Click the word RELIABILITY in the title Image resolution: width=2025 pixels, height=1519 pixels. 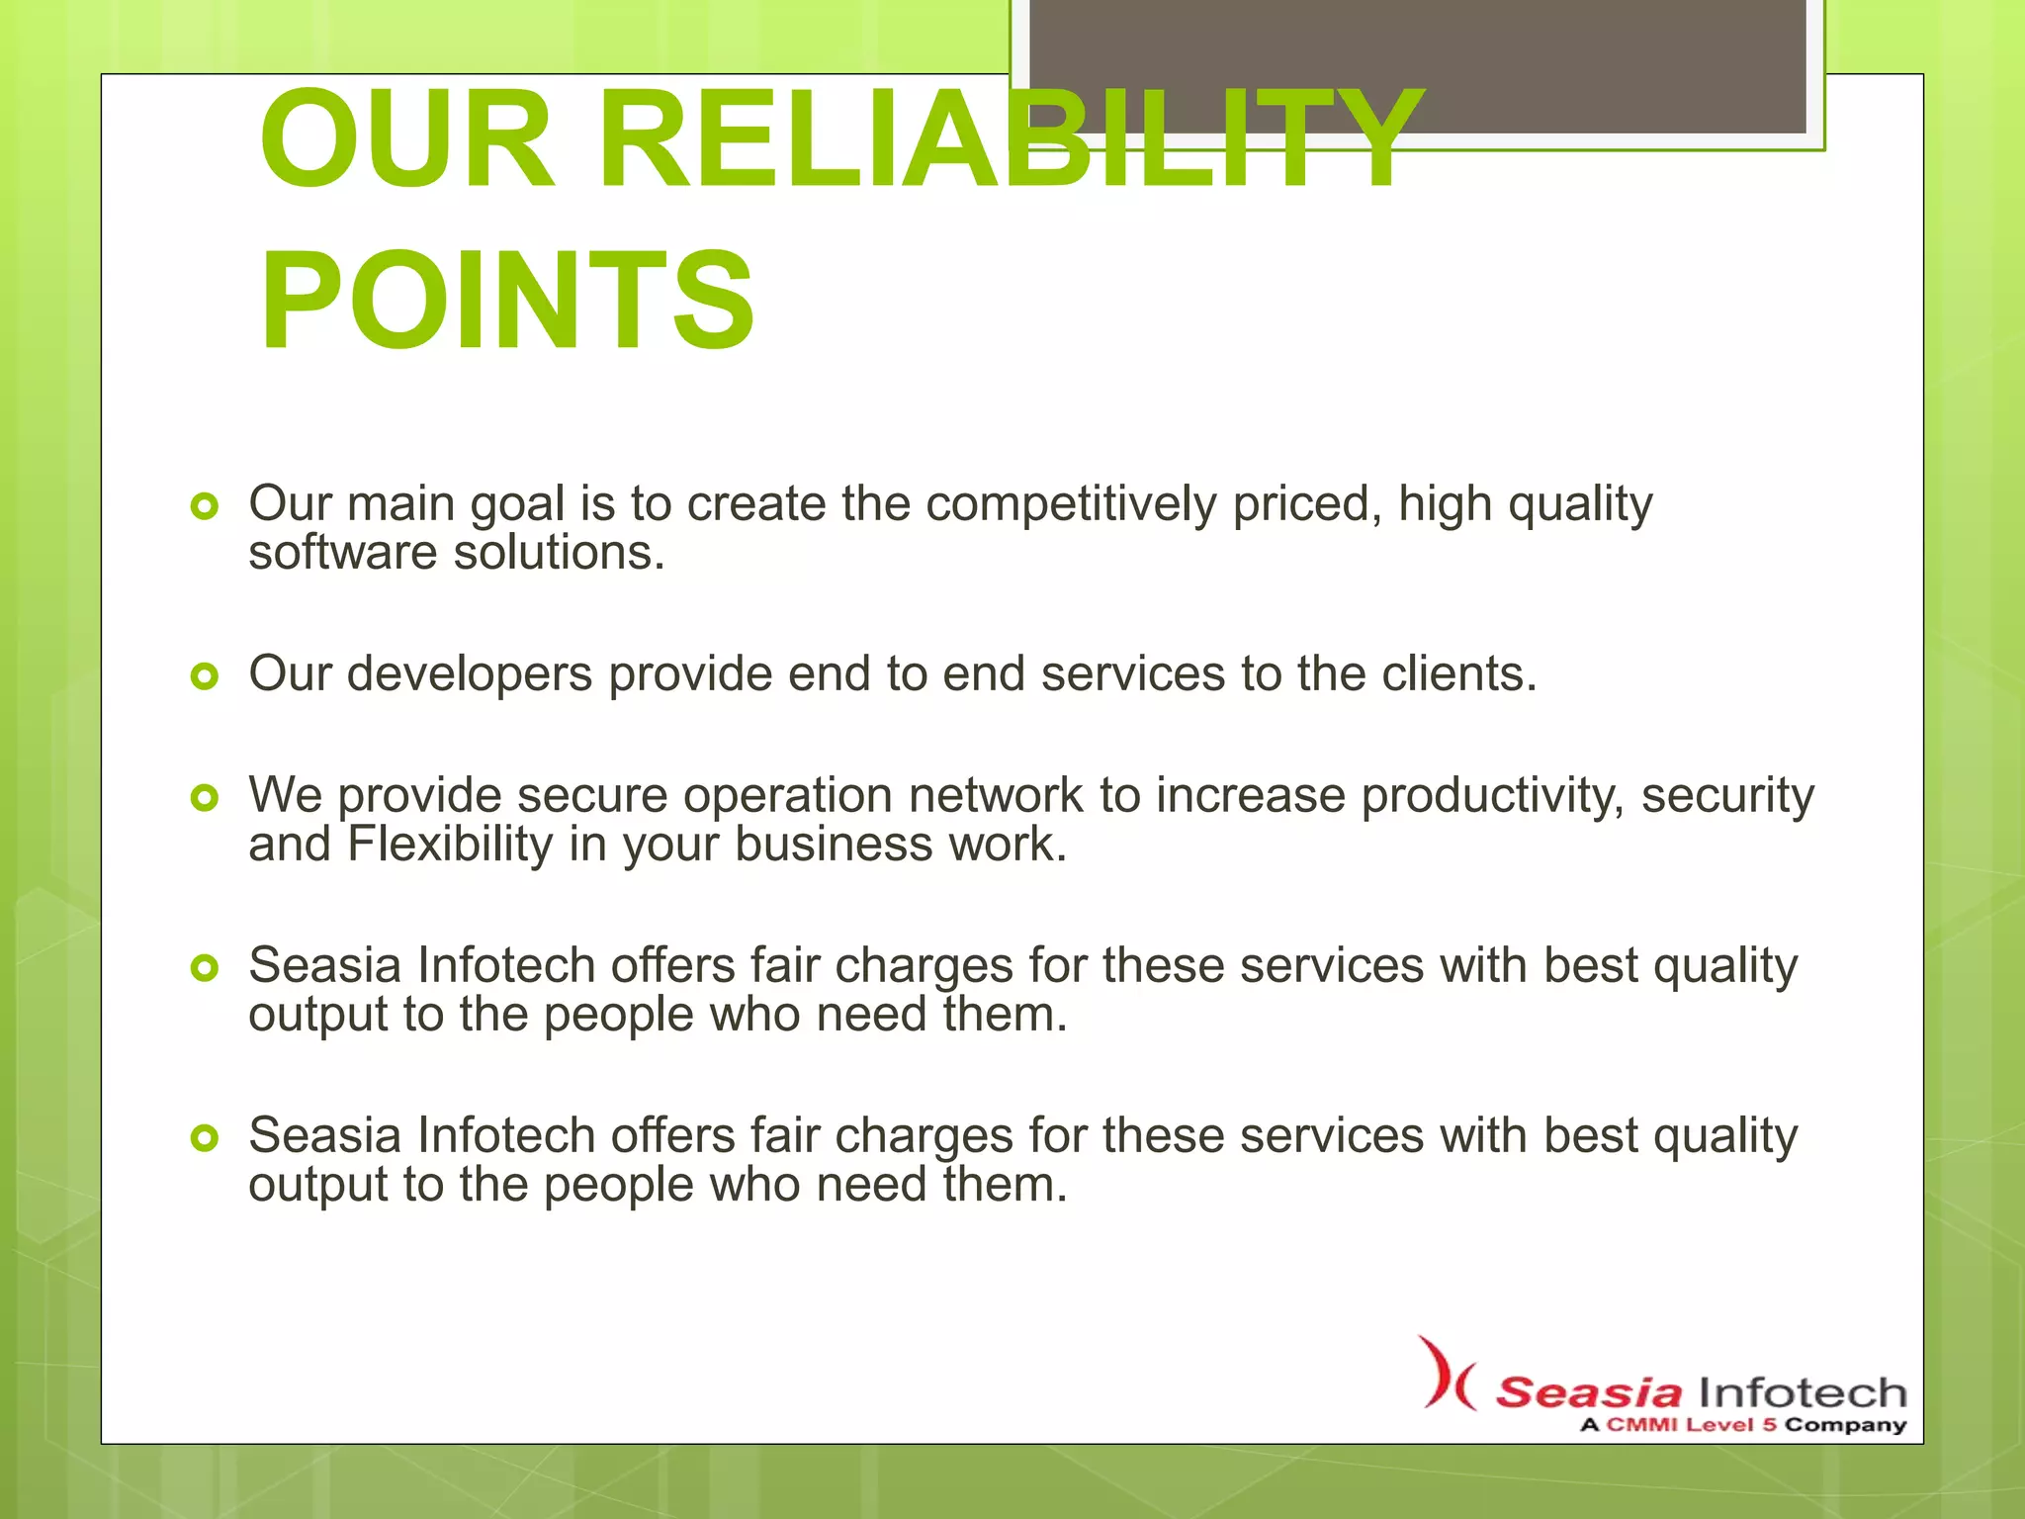[x=1009, y=140]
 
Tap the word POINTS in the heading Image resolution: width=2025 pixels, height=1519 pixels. [x=507, y=301]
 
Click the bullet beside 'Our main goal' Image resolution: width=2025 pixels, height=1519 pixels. [x=205, y=507]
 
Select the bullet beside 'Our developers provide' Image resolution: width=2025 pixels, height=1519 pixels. [x=205, y=677]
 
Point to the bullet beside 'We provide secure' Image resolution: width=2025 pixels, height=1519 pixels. [x=205, y=798]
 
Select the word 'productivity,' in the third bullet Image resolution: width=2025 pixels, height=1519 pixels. [x=1492, y=797]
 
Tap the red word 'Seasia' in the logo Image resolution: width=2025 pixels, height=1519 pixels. [x=1587, y=1392]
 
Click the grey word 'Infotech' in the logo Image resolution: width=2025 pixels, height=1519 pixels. [x=1802, y=1392]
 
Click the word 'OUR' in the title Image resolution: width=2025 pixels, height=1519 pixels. [x=406, y=140]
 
